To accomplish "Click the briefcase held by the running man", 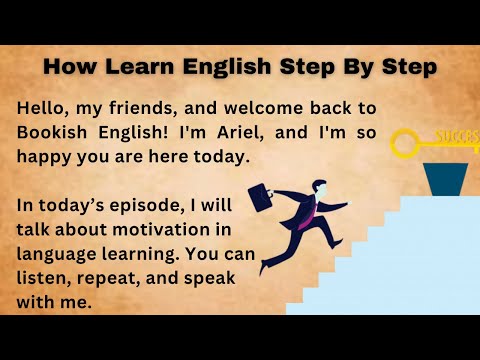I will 262,197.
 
